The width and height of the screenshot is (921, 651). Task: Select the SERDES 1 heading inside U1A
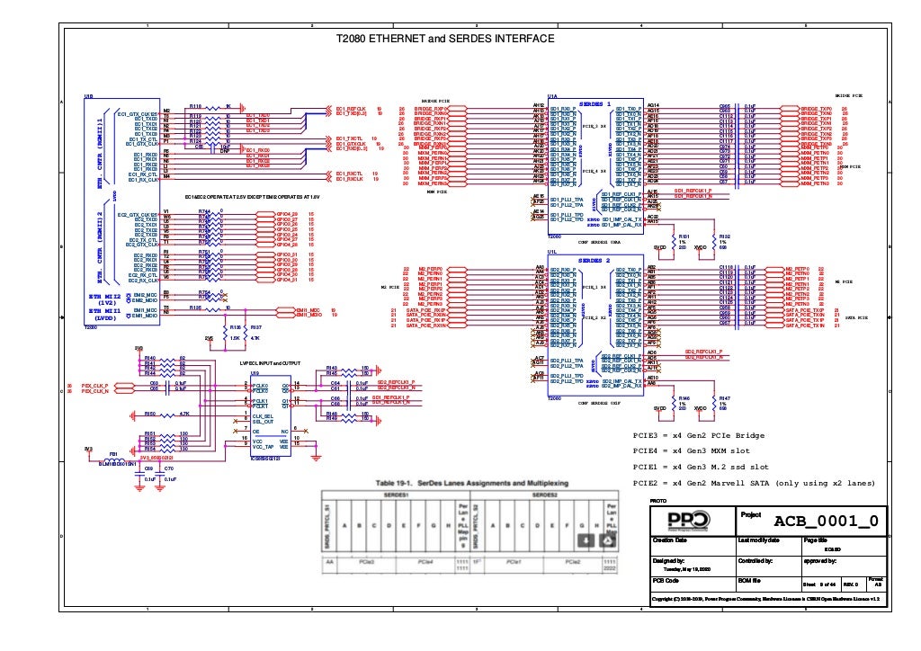pyautogui.click(x=595, y=103)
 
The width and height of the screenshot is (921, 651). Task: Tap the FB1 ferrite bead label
pyautogui.click(x=114, y=453)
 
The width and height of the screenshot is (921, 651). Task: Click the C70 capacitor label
pyautogui.click(x=169, y=468)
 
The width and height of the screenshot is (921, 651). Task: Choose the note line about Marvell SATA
pyautogui.click(x=754, y=483)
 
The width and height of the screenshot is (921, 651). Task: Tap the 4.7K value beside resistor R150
pyautogui.click(x=184, y=414)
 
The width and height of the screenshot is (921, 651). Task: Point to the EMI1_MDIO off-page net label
pyautogui.click(x=310, y=315)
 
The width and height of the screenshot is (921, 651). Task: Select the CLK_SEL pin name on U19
pyautogui.click(x=264, y=416)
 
